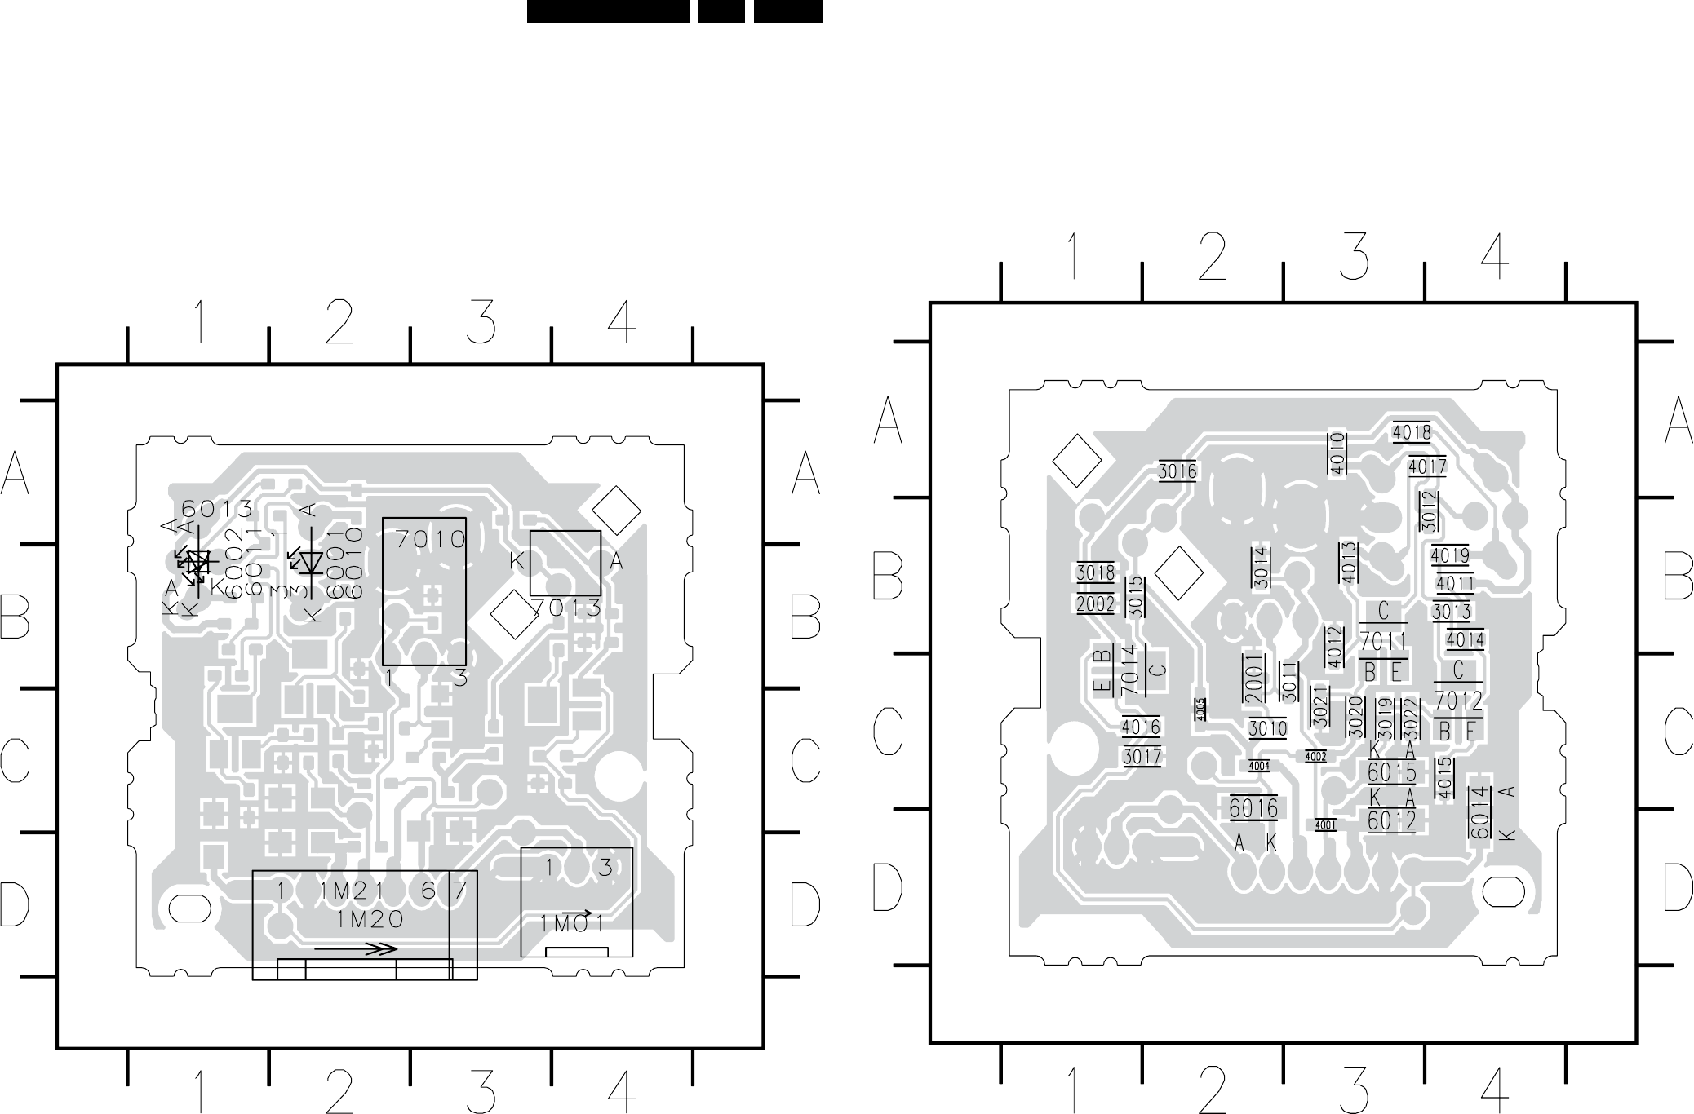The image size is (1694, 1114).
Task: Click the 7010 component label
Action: pos(431,540)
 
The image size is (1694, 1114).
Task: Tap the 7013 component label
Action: pos(566,608)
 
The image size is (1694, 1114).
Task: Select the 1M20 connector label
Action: pos(370,919)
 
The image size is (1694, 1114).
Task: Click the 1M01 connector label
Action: pos(572,923)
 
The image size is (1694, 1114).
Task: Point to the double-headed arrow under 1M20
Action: pos(357,949)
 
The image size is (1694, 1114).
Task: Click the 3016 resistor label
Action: pos(1177,471)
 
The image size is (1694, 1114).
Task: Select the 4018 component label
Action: pos(1412,433)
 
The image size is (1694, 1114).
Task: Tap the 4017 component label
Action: pos(1427,467)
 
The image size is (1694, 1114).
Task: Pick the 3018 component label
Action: pos(1095,573)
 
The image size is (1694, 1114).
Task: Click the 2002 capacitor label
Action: pos(1095,604)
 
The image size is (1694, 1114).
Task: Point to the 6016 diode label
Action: pos(1253,808)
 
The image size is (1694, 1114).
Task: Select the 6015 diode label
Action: pos(1392,771)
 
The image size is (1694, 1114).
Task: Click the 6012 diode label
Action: pos(1392,820)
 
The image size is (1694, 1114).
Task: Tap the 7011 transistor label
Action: pos(1383,643)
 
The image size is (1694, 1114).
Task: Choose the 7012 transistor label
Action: pos(1458,701)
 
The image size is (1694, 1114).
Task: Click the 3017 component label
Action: pos(1142,756)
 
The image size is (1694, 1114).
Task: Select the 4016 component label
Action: pos(1142,727)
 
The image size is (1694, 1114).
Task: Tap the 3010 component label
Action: pos(1267,728)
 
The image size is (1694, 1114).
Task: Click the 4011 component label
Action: pos(1455,585)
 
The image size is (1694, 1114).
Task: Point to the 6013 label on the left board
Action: pos(217,509)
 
